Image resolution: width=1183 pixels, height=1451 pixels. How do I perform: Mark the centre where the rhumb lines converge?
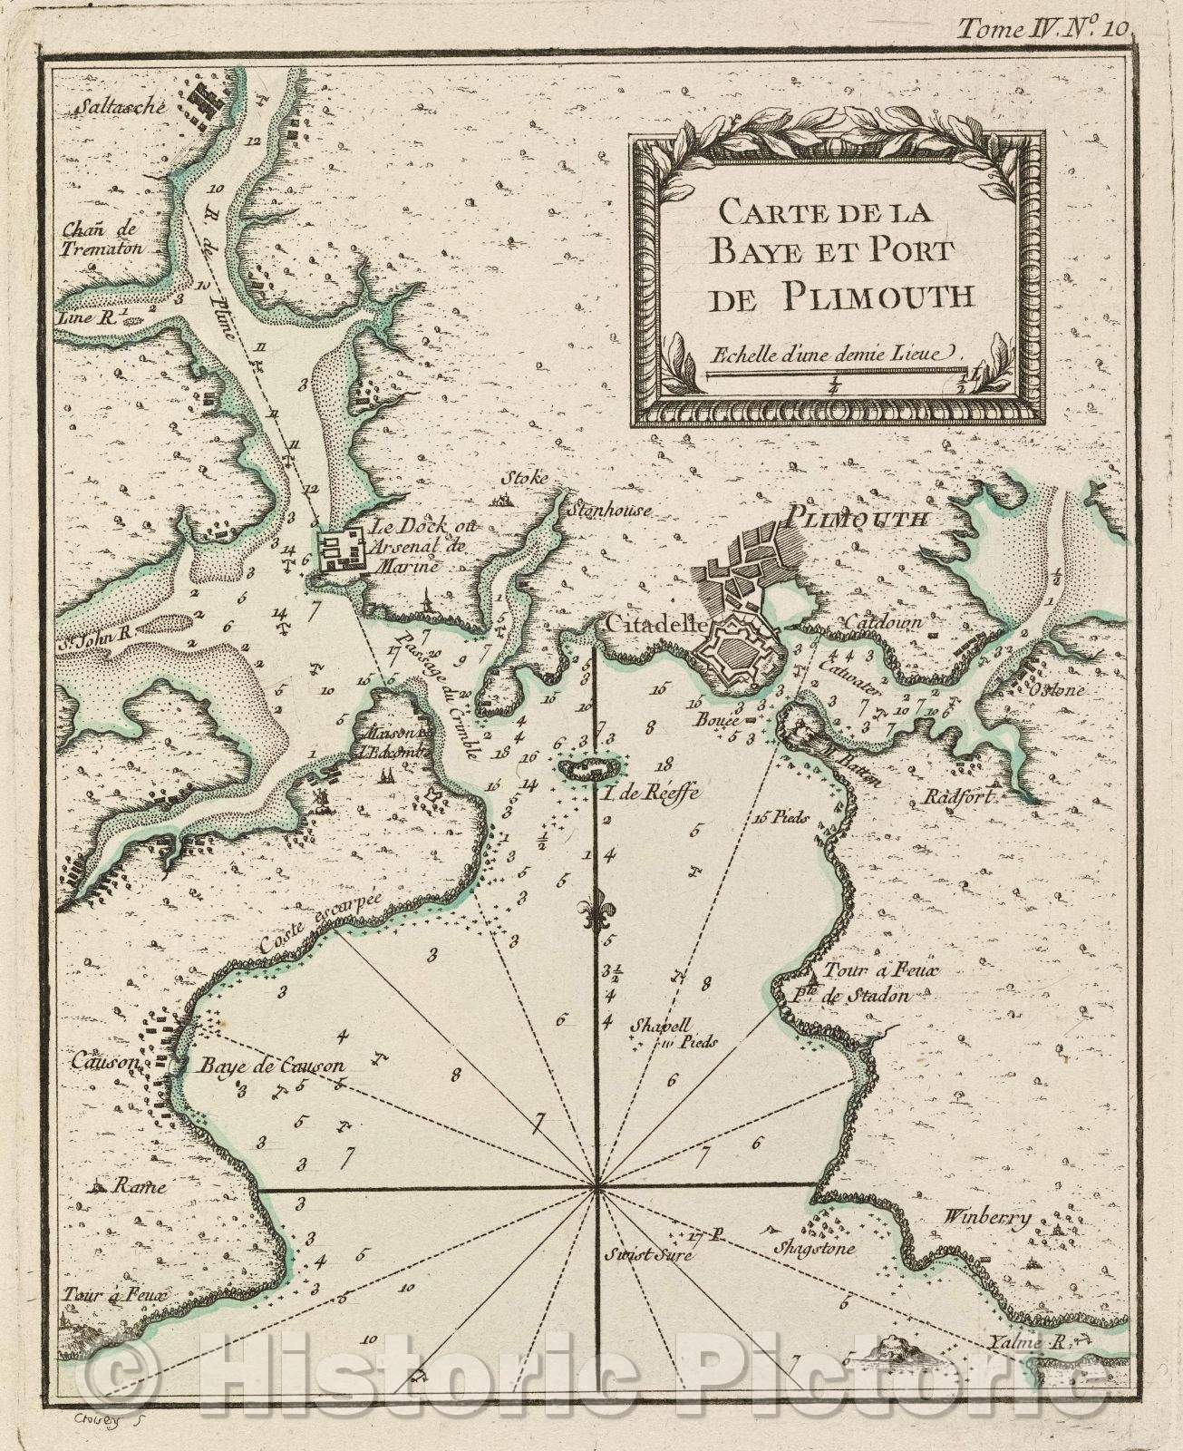(596, 1185)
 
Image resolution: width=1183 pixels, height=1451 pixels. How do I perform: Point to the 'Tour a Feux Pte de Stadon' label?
(866, 984)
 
